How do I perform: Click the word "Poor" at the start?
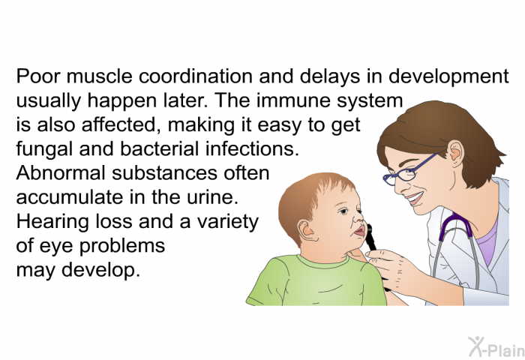tap(38, 76)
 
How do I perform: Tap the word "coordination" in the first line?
tap(196, 76)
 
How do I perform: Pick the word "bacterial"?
tap(160, 148)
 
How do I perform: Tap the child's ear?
tap(306, 230)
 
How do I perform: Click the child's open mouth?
tap(360, 231)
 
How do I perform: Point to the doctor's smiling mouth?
tap(415, 197)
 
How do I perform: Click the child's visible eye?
tap(343, 211)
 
